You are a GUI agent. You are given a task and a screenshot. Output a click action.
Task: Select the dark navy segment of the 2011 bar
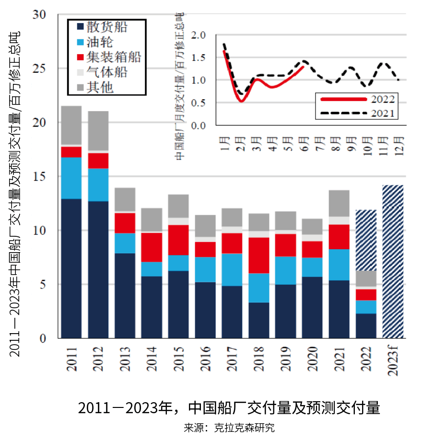point(71,268)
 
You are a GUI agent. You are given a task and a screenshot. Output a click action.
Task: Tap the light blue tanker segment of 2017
point(232,269)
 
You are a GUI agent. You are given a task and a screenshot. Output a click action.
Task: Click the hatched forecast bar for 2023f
point(393,261)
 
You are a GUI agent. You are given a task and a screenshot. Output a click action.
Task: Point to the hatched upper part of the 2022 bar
point(366,240)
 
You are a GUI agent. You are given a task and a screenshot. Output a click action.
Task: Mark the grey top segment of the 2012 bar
point(98,132)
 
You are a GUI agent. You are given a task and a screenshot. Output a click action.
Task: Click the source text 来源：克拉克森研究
point(229,428)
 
